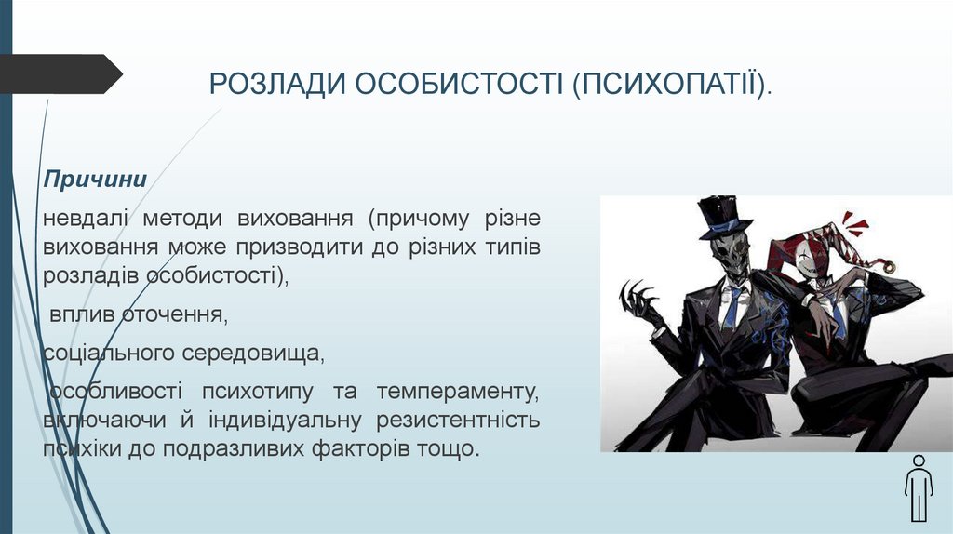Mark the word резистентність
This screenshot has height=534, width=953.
pos(458,420)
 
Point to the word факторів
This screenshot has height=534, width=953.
pos(361,449)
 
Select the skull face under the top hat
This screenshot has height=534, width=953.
pos(728,252)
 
